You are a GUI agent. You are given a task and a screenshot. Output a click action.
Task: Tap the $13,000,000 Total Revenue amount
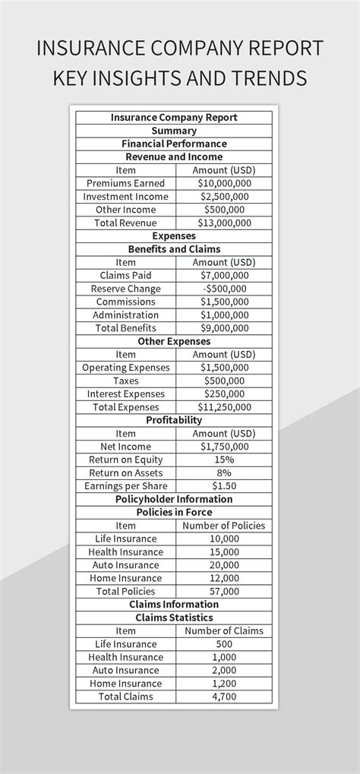(224, 223)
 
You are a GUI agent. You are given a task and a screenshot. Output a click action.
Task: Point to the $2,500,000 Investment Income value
(224, 197)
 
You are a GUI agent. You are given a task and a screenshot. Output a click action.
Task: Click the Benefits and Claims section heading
(174, 249)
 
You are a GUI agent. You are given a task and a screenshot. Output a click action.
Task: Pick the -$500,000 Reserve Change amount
(224, 289)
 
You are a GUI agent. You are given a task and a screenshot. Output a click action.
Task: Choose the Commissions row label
(126, 302)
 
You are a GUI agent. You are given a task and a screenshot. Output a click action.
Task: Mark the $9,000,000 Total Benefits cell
(224, 328)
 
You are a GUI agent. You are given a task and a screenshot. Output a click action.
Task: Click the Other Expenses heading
(174, 341)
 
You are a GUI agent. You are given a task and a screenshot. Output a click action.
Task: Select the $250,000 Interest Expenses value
(224, 393)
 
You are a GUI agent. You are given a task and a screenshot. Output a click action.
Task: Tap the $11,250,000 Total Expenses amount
(224, 407)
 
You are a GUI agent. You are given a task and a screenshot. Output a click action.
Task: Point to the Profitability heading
(174, 420)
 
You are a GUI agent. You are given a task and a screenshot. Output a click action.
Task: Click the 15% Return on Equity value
(224, 460)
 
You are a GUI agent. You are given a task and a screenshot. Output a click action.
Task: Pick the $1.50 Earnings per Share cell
(224, 486)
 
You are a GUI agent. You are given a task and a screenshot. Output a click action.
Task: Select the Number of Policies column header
(224, 526)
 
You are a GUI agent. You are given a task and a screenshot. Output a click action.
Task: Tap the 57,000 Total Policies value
(224, 591)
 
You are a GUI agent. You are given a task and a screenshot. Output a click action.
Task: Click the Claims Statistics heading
(174, 618)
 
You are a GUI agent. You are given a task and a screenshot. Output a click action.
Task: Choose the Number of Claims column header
(224, 630)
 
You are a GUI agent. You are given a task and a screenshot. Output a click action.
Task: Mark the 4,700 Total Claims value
(224, 697)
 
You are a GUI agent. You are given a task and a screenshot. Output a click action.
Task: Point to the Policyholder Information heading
(174, 499)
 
